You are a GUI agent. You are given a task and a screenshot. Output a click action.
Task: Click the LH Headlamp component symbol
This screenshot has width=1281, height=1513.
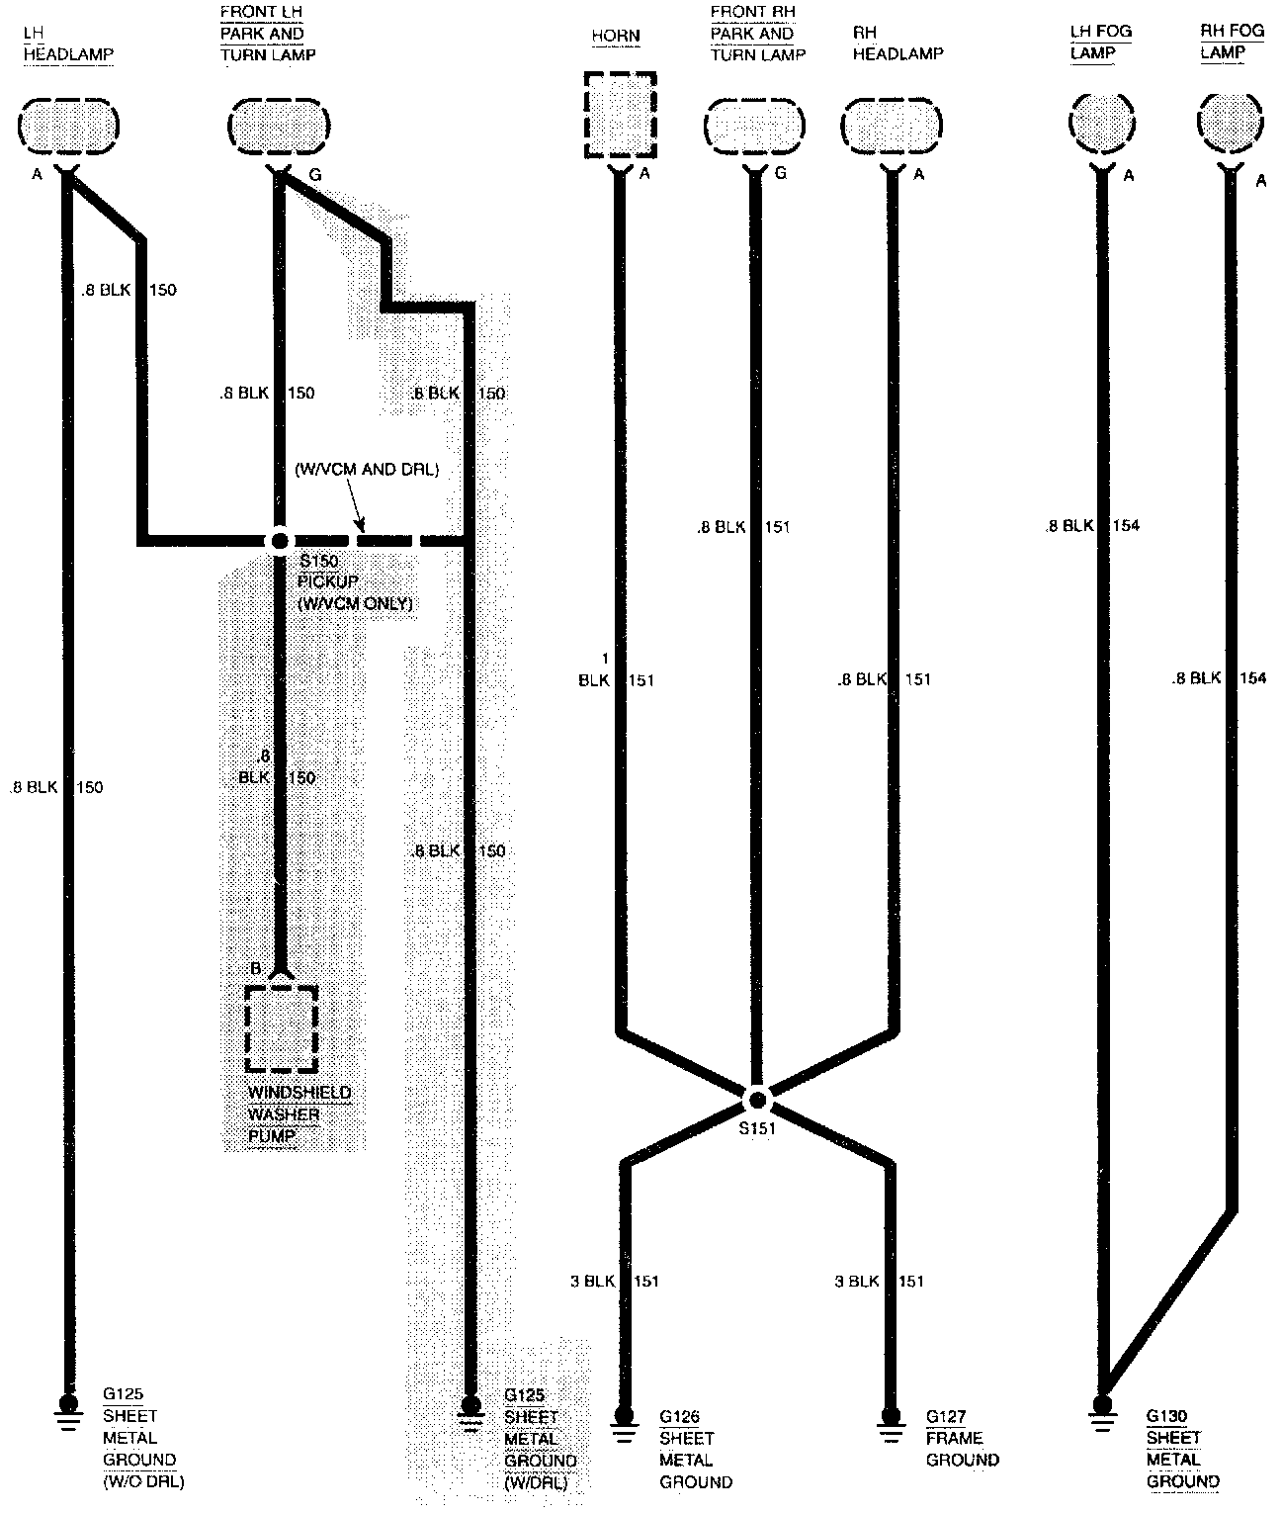click(68, 127)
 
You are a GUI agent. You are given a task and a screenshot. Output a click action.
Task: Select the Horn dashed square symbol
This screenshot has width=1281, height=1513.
click(620, 114)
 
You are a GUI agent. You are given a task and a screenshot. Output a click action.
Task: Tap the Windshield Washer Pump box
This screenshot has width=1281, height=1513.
click(282, 1028)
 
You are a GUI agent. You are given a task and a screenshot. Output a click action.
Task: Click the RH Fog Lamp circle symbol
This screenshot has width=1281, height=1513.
click(1231, 125)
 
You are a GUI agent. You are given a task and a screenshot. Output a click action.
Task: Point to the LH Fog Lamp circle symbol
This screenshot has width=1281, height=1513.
click(1101, 125)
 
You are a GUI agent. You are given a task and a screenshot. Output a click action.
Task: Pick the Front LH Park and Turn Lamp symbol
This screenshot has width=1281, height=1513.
click(278, 127)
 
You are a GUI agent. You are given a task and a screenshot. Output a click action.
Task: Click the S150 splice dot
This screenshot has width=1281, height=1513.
click(280, 541)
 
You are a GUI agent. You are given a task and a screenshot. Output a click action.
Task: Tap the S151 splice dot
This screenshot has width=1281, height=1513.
click(756, 1099)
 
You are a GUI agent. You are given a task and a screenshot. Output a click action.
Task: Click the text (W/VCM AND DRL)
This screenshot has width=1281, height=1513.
click(367, 470)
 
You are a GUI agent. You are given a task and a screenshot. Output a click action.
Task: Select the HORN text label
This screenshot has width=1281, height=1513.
click(616, 36)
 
